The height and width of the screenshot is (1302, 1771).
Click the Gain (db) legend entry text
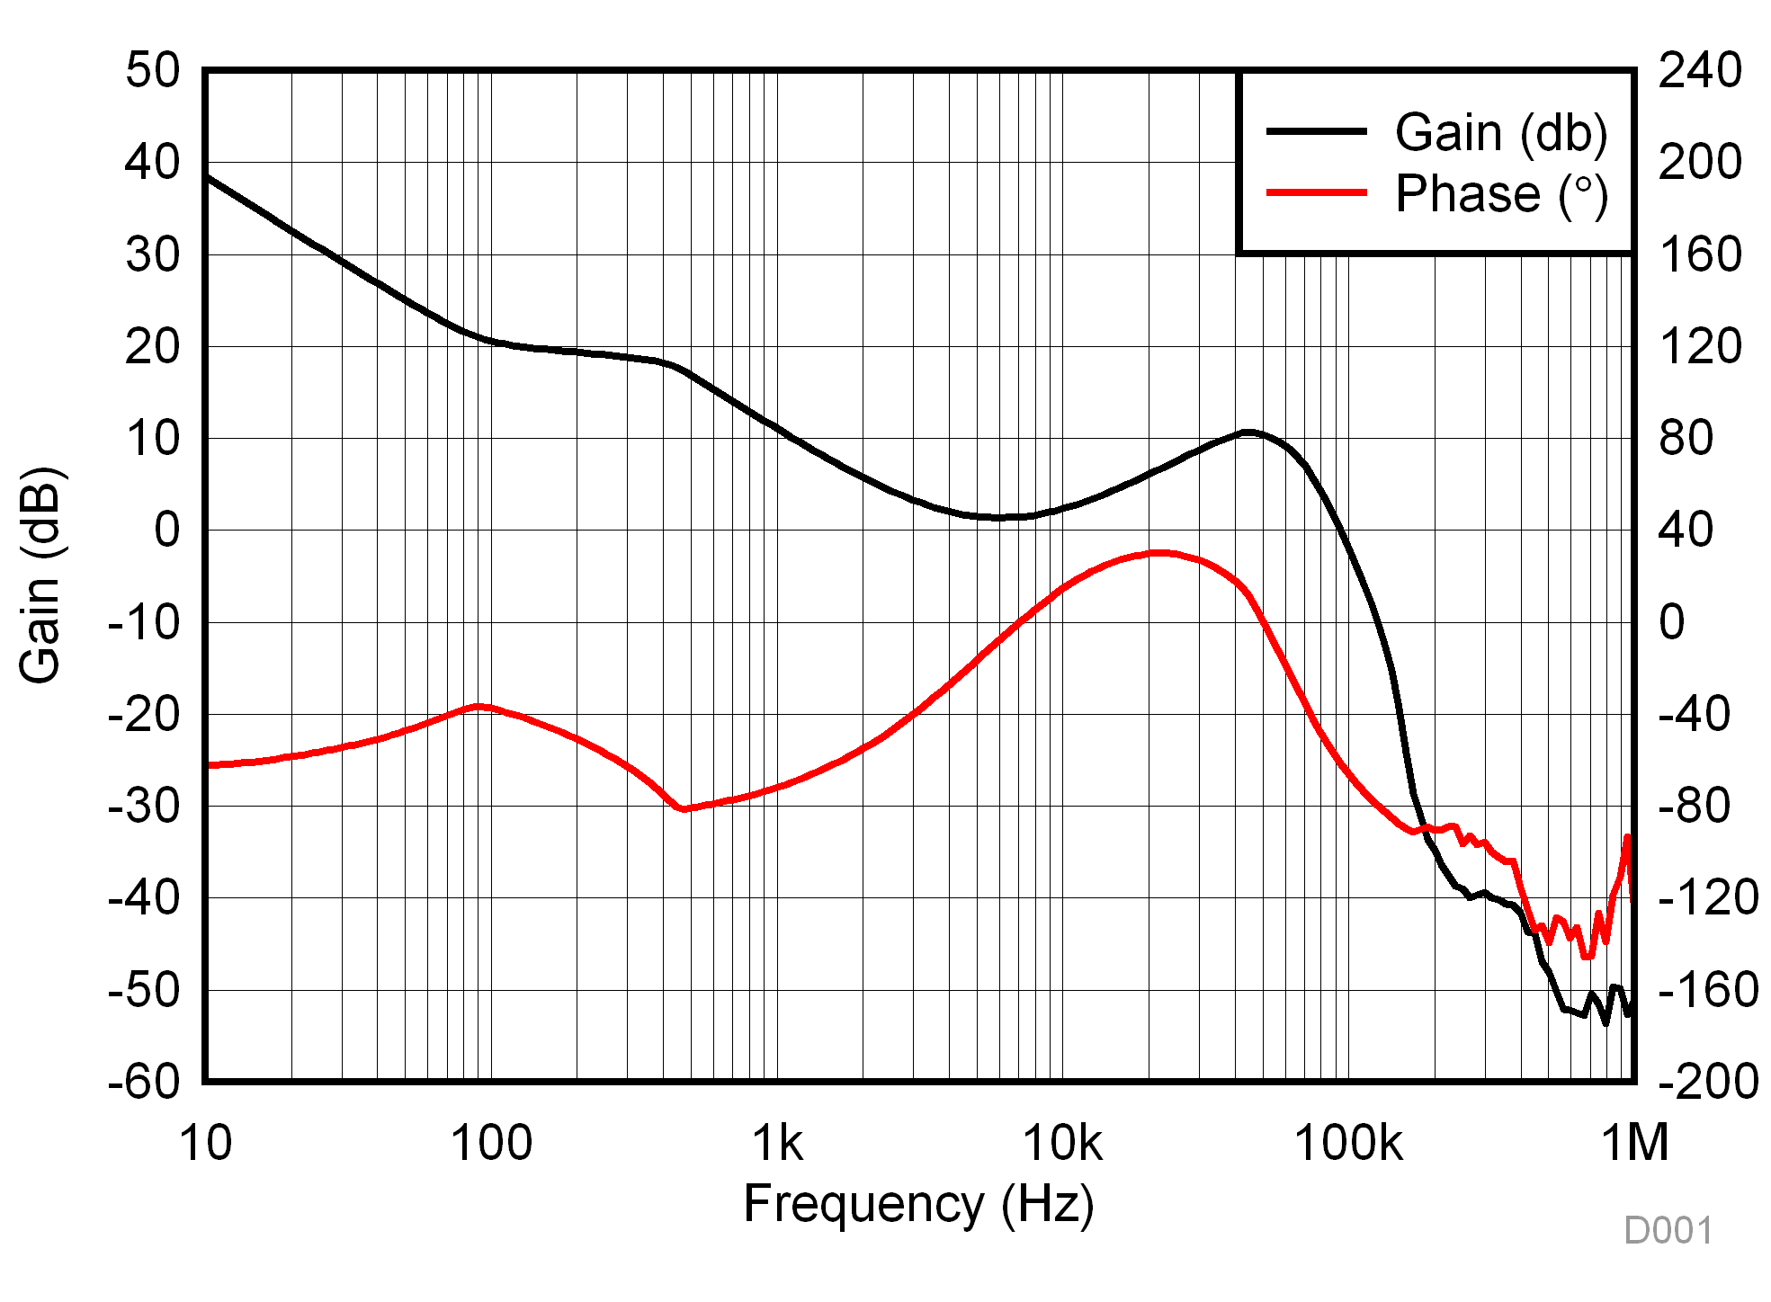pos(1500,133)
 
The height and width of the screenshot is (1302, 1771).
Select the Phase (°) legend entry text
pos(1500,194)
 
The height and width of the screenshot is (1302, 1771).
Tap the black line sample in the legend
pos(1316,131)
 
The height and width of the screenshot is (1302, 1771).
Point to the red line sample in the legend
pos(1316,192)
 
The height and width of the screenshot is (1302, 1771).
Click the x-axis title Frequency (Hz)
pos(918,1204)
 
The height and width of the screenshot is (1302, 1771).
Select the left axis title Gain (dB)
pos(40,575)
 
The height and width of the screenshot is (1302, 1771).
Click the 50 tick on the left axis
pos(153,70)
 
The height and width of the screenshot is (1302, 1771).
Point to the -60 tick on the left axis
pos(144,1081)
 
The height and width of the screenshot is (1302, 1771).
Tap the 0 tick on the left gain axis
pos(166,530)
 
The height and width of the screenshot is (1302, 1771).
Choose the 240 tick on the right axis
pos(1700,70)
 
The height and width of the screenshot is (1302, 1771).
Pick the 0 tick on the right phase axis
pos(1672,622)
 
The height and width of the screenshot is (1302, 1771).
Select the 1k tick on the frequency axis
pos(777,1143)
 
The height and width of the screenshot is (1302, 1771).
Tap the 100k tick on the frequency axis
pos(1347,1143)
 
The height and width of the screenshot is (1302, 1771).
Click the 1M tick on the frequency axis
pos(1634,1143)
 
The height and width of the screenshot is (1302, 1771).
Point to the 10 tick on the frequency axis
pos(206,1143)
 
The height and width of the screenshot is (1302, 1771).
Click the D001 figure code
pos(1668,1230)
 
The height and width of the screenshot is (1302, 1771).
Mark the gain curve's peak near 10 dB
pos(1248,433)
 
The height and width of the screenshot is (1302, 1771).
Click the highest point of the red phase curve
pos(1160,553)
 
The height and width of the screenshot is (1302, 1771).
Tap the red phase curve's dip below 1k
pos(684,808)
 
